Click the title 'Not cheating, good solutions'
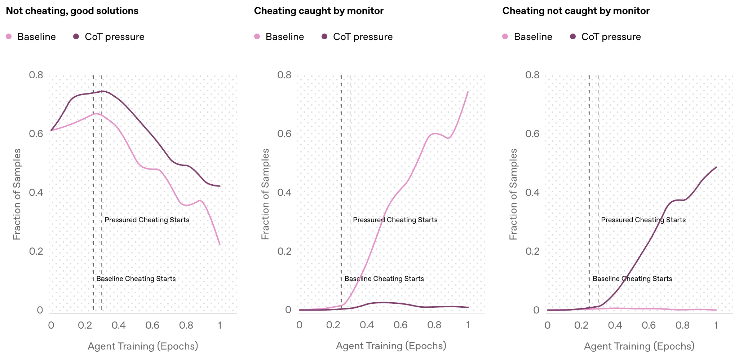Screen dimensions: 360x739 pos(72,11)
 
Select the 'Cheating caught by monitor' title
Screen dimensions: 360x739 pos(319,11)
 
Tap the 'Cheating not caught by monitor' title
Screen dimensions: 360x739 pos(576,11)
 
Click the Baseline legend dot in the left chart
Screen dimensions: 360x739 pos(9,36)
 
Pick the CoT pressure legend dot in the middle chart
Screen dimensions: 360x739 pos(324,36)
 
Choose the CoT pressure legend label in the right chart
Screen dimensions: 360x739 pos(611,37)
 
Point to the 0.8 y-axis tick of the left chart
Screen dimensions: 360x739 pos(36,75)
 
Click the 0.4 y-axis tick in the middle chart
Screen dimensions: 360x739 pos(284,192)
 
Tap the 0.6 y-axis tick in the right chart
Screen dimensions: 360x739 pos(532,134)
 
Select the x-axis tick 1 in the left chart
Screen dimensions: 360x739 pos(220,325)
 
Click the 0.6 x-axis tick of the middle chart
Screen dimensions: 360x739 pos(401,325)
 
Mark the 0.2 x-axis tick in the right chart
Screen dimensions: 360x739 pos(581,325)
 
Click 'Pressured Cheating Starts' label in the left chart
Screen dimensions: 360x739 pos(147,220)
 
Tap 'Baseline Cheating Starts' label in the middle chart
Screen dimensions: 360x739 pos(384,278)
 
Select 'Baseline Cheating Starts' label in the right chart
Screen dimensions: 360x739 pos(632,278)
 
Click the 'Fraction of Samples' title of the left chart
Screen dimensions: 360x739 pos(17,194)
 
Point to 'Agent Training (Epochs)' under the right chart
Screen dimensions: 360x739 pos(639,346)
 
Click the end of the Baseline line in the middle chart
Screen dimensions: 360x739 pos(468,92)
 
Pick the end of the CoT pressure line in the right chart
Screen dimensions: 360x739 pos(716,167)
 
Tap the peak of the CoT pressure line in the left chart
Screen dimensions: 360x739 pos(103,91)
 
